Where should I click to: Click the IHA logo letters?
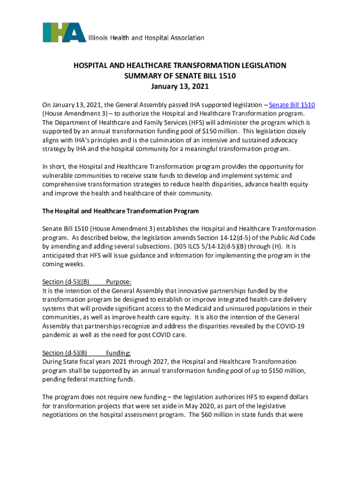64,32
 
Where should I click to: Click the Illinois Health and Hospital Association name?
146,38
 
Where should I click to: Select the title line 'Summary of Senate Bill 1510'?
180,76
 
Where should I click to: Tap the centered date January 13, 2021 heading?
180,87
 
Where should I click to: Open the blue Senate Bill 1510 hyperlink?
292,105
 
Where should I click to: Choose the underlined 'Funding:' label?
119,353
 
